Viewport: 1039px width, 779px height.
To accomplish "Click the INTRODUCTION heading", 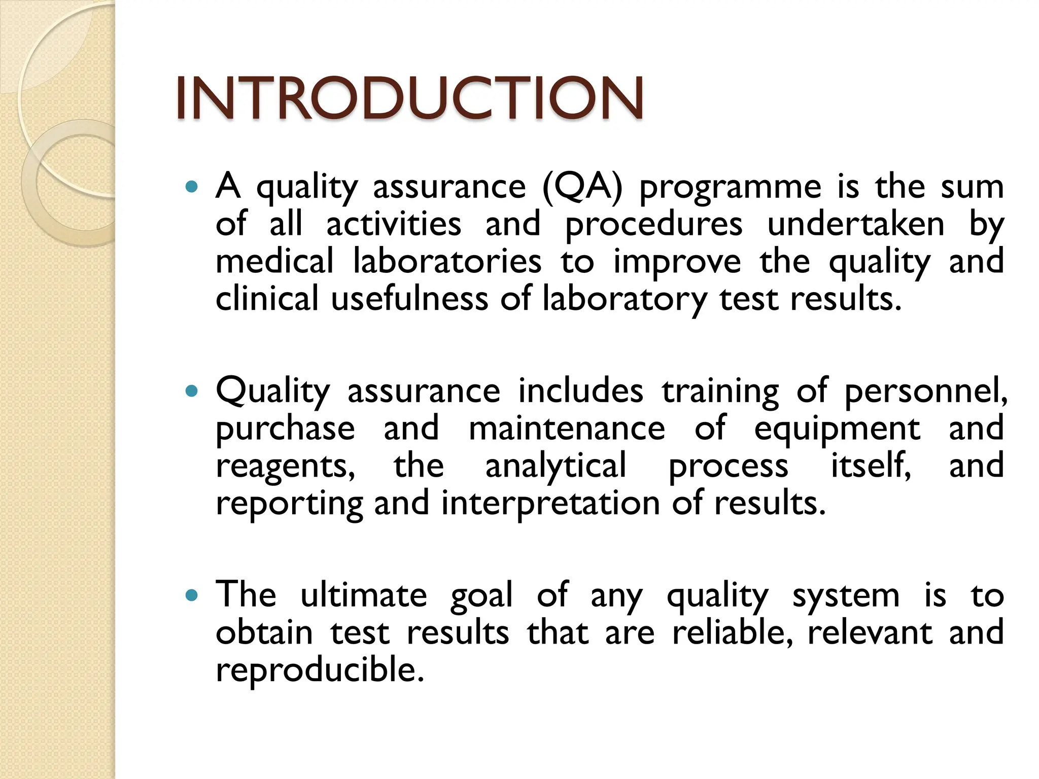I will click(410, 97).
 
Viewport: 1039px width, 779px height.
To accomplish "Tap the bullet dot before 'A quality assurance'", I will click(191, 187).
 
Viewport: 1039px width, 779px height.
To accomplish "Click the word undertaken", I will click(856, 224).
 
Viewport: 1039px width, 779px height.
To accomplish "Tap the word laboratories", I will click(447, 262).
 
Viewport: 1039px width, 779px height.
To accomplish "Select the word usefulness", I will click(409, 299).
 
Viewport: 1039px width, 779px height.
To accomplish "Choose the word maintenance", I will click(566, 429).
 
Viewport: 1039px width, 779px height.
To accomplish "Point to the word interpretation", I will click(550, 504).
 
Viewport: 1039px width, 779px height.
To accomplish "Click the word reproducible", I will click(319, 670).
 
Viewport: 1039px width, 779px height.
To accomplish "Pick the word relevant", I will click(870, 633).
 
